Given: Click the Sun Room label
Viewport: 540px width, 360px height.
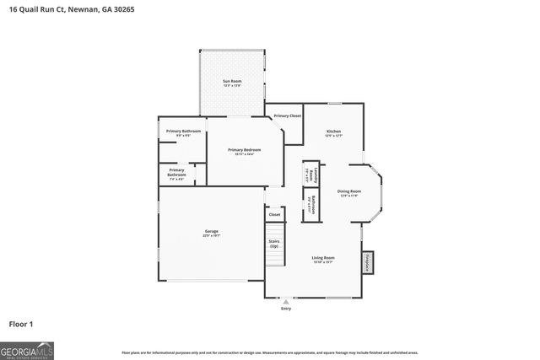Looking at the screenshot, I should pos(232,83).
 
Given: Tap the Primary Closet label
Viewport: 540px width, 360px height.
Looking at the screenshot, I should pos(288,116).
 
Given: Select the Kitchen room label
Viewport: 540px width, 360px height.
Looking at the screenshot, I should pos(334,132).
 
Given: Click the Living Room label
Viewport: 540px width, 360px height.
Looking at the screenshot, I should pos(323,259).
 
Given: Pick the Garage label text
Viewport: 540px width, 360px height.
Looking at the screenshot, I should pos(211,233).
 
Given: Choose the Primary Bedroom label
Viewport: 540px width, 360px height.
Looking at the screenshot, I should pos(240,151).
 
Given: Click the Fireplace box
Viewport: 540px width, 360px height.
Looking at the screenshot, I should pos(368,262).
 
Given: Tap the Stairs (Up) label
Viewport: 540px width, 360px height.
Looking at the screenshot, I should pos(274,243).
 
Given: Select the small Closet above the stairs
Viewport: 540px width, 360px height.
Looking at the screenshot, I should pos(274,215).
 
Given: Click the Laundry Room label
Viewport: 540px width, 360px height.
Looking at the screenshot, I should pos(310,175).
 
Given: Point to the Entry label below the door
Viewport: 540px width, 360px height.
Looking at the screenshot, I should pos(286,309).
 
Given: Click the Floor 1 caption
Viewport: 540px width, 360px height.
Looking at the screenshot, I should pos(21,324).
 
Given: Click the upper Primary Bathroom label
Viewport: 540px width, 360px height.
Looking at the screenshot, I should pos(183,132).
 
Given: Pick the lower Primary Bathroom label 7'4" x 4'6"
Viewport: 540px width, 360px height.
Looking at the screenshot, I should pos(176,174).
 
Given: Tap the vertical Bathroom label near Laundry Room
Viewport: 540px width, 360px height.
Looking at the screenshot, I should pos(310,206).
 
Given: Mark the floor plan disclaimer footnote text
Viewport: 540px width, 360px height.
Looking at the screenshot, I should pos(270,352).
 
